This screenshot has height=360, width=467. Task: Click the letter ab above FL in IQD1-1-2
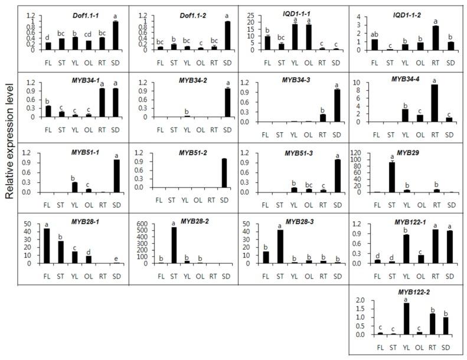point(374,33)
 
